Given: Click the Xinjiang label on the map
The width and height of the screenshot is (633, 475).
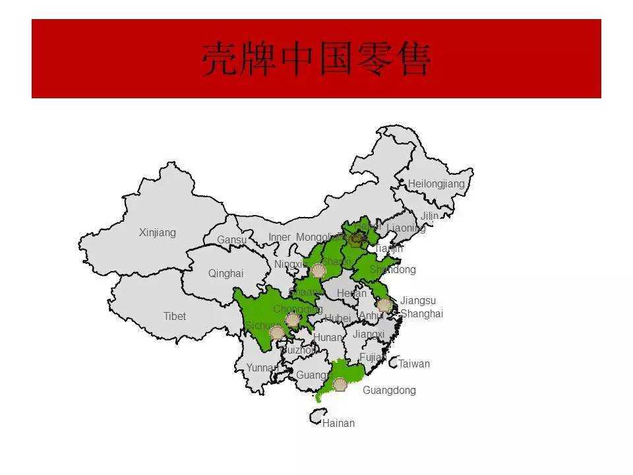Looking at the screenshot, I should point(158,233).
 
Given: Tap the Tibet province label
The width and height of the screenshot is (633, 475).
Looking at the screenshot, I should point(175,317).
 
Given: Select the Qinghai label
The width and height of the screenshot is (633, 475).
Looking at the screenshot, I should point(226,274).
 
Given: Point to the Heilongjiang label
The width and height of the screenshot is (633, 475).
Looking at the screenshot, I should point(436,184).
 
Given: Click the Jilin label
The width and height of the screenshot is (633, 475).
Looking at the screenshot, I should point(429,216).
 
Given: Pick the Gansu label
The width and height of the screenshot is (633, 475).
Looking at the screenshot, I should point(232,240).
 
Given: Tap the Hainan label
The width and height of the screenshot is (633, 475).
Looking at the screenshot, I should point(338,424).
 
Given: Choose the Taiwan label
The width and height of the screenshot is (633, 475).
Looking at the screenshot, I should point(414,364).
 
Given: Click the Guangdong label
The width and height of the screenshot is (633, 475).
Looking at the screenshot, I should point(389,391).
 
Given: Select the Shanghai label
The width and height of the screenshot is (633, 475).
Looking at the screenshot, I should point(421,314).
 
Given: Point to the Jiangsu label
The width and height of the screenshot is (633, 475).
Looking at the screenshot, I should point(418,301).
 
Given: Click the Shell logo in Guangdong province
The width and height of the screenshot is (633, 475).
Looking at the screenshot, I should point(340,385).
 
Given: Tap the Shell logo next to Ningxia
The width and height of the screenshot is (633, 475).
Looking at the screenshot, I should point(318,270).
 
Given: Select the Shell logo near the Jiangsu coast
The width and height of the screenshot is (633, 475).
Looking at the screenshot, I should point(384,305).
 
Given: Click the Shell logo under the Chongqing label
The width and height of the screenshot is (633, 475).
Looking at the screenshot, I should point(292,321).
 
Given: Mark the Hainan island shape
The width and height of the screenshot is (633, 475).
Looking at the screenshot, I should point(316,416).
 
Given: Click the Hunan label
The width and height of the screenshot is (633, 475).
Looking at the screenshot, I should point(328,338).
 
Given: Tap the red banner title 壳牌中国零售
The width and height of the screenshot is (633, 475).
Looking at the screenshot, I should point(316,59).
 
